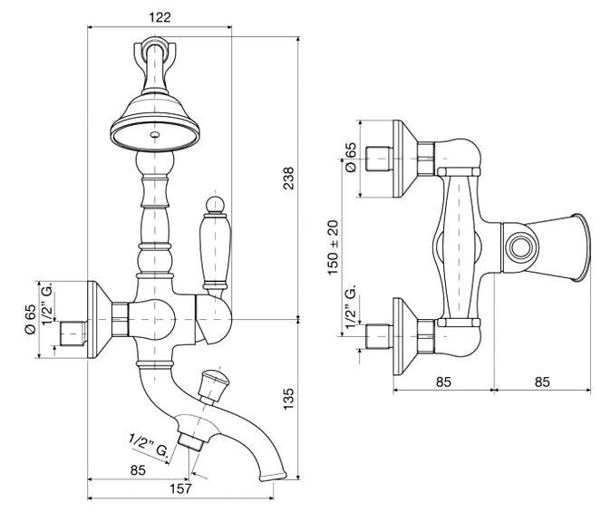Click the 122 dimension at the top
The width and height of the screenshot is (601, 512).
pos(160,17)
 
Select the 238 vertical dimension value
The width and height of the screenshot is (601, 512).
pos(288,179)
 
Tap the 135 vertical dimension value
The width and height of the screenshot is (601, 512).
pos(288,399)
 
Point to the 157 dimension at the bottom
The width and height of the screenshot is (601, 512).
pos(180,488)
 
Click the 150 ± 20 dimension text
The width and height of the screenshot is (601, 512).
pos(334,247)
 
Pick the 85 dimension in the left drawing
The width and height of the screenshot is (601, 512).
pos(138,469)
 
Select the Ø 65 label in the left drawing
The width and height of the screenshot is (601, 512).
pos(30,319)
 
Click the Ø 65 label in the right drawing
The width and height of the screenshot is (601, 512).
pos(350,157)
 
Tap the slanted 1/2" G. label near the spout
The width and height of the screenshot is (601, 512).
pos(149,446)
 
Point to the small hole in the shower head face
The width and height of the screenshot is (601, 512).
pos(155,134)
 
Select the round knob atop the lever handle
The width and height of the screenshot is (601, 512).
pos(215,204)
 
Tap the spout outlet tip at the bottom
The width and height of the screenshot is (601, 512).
pos(273,477)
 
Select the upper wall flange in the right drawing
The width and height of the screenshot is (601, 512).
pos(405,159)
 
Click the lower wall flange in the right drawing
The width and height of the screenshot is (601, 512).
pos(405,336)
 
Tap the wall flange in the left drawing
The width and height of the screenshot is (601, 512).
pos(100,320)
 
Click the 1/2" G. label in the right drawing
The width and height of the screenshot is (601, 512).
pos(351,306)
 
